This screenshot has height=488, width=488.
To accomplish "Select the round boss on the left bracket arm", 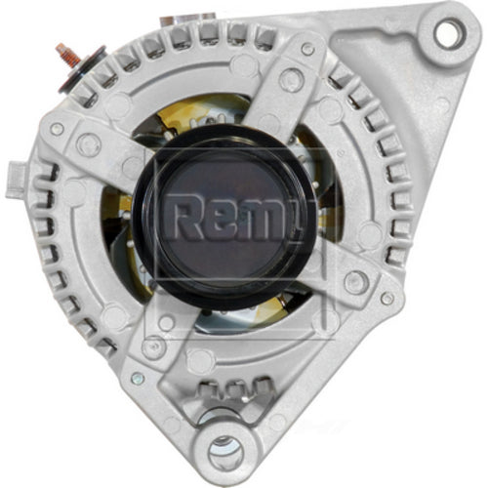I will click(89, 145).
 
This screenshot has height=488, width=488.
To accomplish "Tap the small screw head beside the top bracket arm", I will click(308, 48).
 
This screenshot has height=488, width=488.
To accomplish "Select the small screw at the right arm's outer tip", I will click(387, 299).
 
